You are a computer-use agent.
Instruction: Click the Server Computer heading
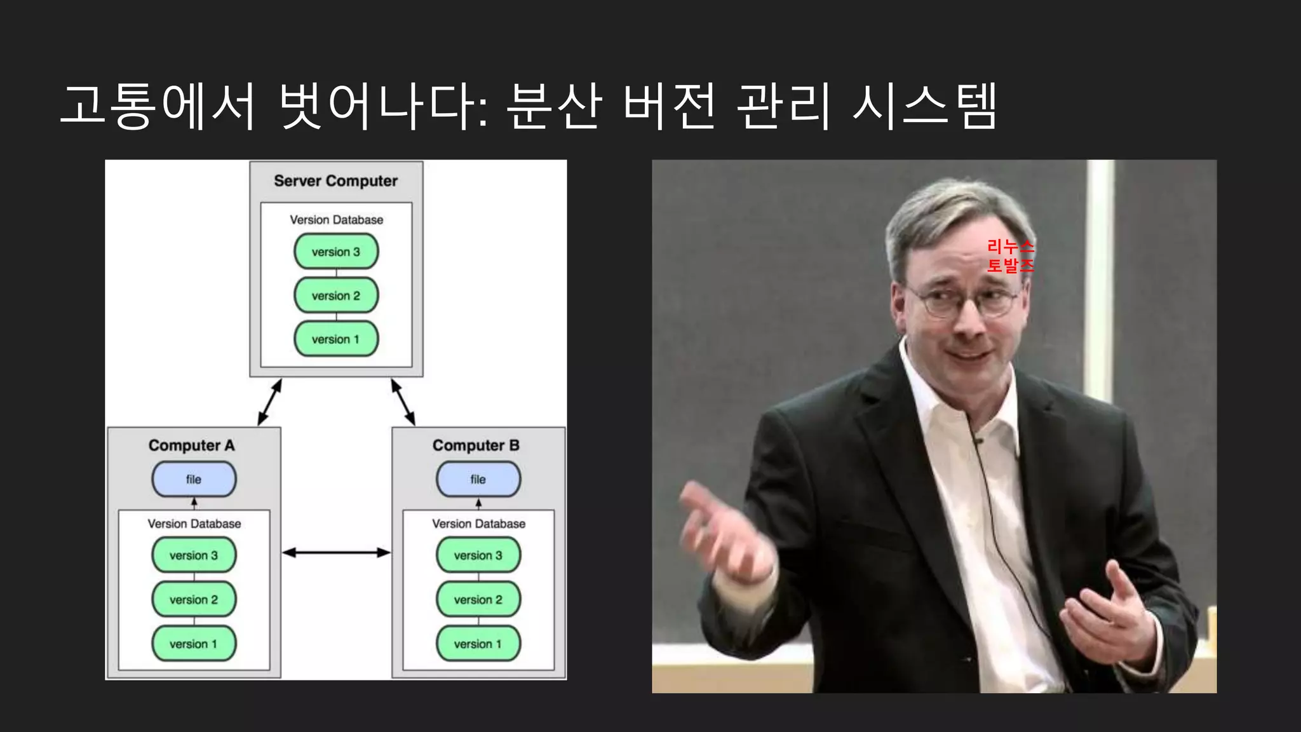tap(335, 181)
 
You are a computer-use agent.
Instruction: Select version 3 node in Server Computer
tap(336, 252)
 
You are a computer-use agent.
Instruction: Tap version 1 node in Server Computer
tap(336, 339)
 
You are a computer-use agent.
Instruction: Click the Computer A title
tap(191, 445)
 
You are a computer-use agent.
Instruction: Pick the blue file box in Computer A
tap(194, 479)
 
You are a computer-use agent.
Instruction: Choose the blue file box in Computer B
tap(478, 479)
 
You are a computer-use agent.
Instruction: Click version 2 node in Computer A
tap(194, 599)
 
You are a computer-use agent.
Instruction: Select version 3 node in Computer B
tap(478, 555)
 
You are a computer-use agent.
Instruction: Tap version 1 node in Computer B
tap(478, 644)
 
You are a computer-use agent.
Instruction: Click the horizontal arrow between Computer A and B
tap(336, 553)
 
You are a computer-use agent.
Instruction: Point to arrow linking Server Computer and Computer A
tap(270, 402)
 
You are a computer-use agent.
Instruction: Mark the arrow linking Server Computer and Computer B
tap(403, 402)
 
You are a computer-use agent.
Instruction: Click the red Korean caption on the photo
tap(1010, 255)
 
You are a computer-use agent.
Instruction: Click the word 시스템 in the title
tap(924, 106)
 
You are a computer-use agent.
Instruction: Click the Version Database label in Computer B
tap(478, 524)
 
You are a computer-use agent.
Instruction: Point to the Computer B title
tap(476, 445)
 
